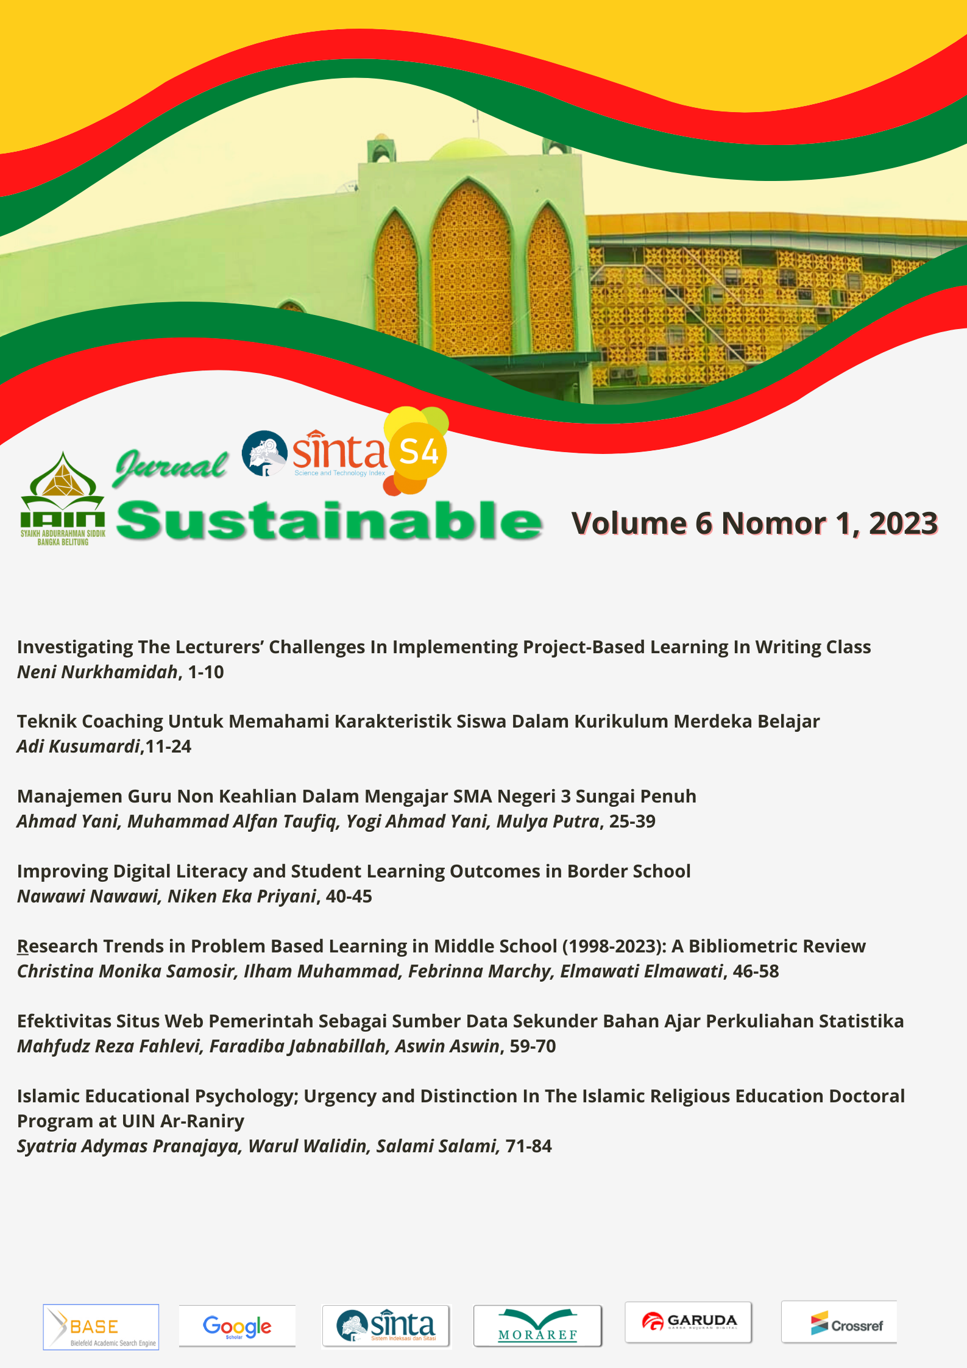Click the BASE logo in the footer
101,1327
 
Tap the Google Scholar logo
237,1326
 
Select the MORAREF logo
537,1326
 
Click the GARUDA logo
689,1322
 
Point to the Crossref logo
839,1322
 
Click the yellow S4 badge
419,452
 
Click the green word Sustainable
329,522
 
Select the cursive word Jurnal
171,467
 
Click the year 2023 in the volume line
903,523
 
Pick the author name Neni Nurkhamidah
97,672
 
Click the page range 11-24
168,746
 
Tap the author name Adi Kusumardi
79,746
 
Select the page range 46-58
756,971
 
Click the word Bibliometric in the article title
743,946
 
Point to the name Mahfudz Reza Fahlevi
109,1046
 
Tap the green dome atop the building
470,149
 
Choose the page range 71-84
528,1146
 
